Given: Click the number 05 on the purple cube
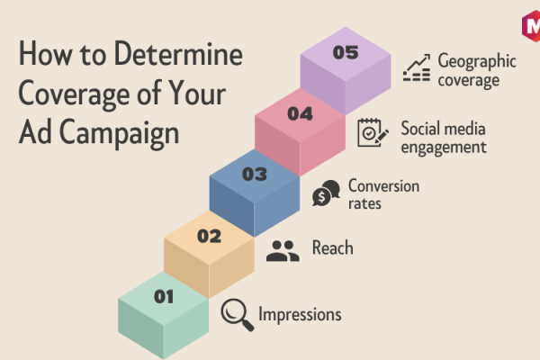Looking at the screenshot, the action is [346, 53].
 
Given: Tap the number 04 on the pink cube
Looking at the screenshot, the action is [300, 113].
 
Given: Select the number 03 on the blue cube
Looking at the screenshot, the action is [255, 175].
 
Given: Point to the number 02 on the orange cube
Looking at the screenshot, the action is [209, 236].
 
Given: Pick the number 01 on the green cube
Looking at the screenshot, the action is [164, 297].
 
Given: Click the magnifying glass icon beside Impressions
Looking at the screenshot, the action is [238, 315].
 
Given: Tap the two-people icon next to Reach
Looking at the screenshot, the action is [283, 251].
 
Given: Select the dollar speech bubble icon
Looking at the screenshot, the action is [326, 193].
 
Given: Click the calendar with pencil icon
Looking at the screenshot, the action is [373, 132].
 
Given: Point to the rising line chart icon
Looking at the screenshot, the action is [417, 67].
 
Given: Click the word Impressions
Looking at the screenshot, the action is [300, 315].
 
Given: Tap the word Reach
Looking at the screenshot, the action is [333, 247].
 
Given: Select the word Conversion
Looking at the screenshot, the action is [383, 186].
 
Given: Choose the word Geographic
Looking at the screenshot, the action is [477, 62].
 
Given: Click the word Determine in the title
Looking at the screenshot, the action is [178, 53].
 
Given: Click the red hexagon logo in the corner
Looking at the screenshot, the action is [531, 26].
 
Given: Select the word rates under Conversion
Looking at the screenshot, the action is [364, 203].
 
